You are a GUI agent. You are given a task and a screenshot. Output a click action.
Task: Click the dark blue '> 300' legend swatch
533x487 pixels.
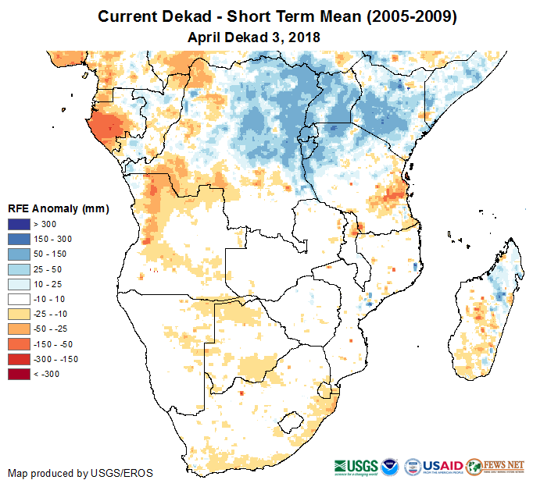20,225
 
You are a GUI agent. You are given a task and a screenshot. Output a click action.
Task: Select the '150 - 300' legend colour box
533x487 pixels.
20,240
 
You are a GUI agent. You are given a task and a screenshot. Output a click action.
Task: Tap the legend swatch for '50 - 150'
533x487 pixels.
20,254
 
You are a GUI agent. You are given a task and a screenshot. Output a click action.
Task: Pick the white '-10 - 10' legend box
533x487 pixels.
20,299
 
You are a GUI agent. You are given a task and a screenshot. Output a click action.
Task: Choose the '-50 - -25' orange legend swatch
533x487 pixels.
20,329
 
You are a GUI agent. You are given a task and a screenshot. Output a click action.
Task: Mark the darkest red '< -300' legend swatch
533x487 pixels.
20,374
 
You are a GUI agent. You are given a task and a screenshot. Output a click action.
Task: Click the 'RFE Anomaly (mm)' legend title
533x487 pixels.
58,208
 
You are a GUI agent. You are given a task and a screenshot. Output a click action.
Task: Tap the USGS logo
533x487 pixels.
356,467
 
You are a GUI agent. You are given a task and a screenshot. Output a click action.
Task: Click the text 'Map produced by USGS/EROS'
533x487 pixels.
80,473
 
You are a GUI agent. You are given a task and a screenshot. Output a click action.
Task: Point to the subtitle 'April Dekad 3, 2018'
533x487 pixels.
254,37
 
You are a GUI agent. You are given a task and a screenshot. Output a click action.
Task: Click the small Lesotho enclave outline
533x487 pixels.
291,422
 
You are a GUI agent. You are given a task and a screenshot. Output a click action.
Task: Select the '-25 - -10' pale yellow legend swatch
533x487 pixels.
20,314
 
